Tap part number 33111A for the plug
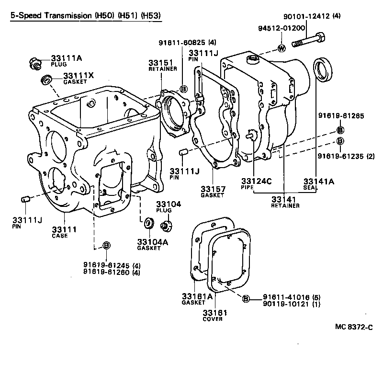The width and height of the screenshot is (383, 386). (x=67, y=58)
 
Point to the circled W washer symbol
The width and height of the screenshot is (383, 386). (x=282, y=48)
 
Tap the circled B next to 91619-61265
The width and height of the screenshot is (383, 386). (x=340, y=130)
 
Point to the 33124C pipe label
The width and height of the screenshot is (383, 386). (x=253, y=182)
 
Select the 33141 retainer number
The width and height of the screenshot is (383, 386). (x=285, y=199)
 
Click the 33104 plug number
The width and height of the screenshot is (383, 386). (x=168, y=204)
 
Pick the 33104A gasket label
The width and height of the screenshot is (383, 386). (x=152, y=242)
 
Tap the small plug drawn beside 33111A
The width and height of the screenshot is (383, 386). (x=35, y=62)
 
